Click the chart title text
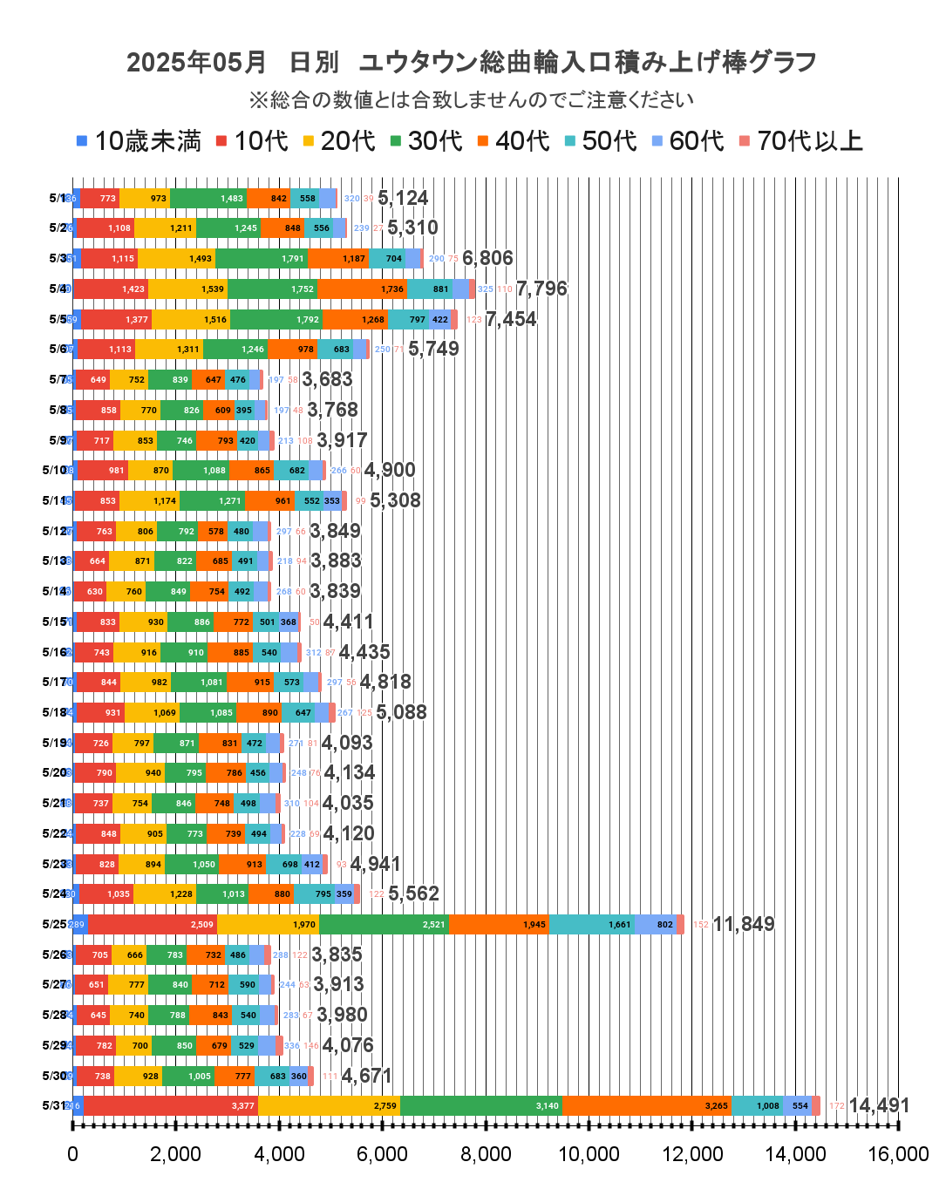(472, 63)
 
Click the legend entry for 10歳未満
(140, 141)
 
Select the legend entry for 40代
(514, 141)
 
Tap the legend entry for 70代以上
(801, 141)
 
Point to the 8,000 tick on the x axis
(486, 1154)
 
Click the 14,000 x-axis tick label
(795, 1154)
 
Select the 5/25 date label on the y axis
(55, 924)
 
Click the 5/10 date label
(55, 470)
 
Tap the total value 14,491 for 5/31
(879, 1105)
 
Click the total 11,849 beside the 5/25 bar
(744, 924)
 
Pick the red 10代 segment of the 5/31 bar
(170, 1105)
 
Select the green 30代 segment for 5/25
(384, 924)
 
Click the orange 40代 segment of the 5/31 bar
(647, 1105)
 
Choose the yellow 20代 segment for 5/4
(187, 289)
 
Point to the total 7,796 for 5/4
(541, 289)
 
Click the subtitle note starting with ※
(472, 100)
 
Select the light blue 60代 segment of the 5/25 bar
(655, 924)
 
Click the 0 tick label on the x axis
(72, 1154)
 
